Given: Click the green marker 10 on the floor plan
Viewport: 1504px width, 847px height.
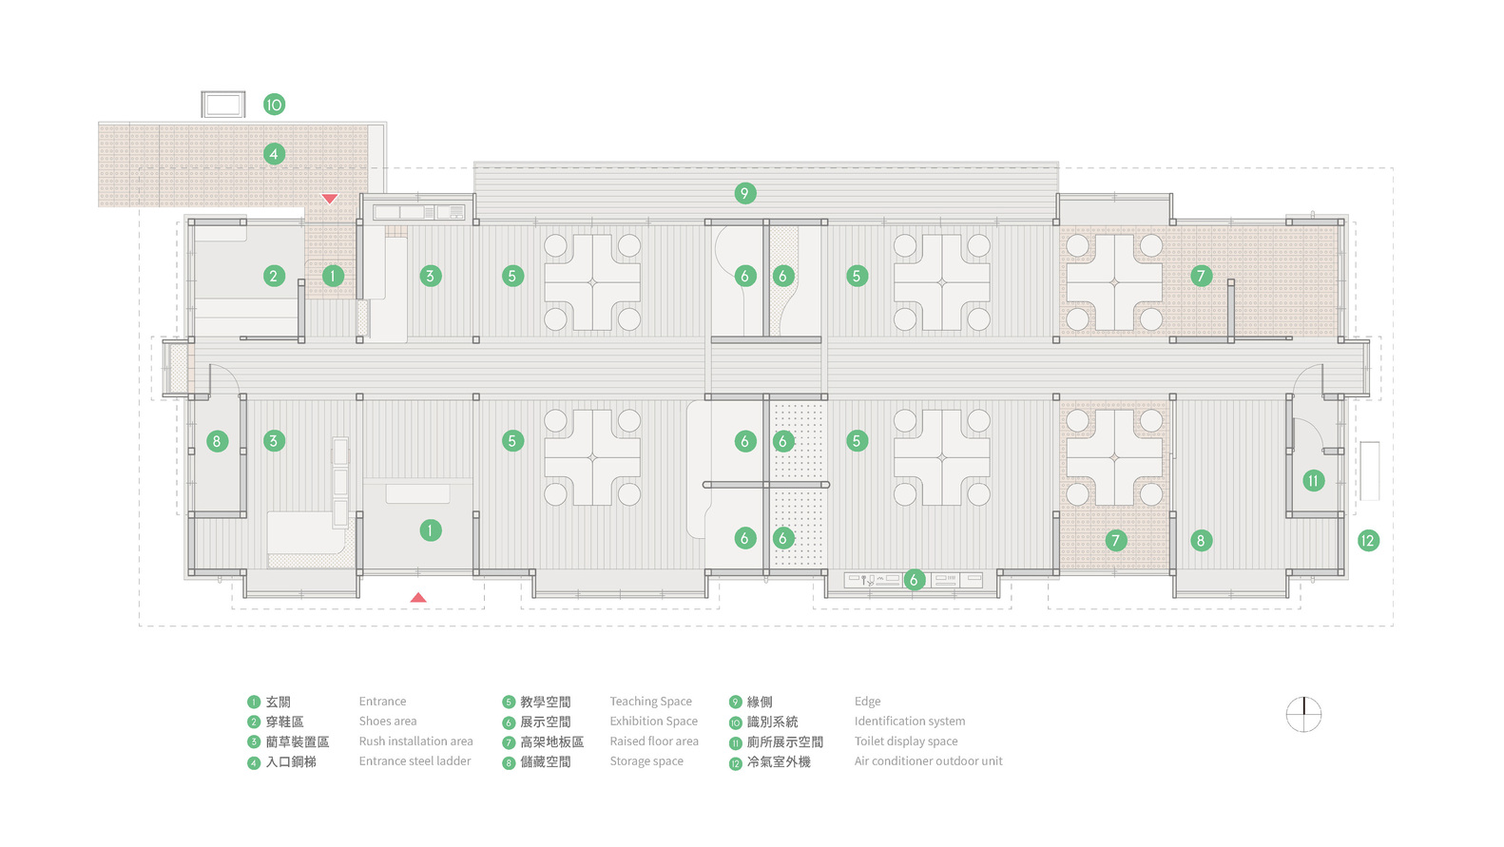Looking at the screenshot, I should [x=274, y=105].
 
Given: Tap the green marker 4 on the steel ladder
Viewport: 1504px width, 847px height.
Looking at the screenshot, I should [x=274, y=153].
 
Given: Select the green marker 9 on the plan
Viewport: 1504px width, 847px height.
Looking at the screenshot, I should [x=744, y=193].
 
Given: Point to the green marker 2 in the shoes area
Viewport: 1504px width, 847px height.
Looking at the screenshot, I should [x=274, y=276].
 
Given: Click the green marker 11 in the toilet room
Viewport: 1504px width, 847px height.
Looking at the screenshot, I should [x=1313, y=480].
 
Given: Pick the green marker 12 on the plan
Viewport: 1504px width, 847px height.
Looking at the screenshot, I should [x=1367, y=541].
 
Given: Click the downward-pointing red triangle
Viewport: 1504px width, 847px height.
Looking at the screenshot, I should [x=329, y=199].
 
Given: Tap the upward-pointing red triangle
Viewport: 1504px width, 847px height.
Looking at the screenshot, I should [x=418, y=597].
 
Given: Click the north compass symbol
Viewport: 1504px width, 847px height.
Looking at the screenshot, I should [x=1303, y=714].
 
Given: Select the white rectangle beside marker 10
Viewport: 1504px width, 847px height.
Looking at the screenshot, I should [x=223, y=105].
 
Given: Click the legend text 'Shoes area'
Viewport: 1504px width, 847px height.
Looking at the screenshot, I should [x=388, y=722].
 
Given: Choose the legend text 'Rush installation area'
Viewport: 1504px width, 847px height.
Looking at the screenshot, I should [x=415, y=741].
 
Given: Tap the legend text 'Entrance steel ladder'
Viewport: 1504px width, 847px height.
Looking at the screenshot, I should [x=415, y=761].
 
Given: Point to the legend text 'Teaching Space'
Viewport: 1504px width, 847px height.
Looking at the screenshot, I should [x=650, y=702].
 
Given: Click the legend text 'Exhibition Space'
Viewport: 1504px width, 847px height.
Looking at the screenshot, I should [x=653, y=722].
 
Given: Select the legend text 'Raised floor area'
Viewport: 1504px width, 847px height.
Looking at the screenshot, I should [x=654, y=741].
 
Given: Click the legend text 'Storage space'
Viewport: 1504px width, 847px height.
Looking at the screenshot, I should [x=646, y=761].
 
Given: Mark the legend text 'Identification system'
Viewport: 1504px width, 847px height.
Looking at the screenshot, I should [x=909, y=722].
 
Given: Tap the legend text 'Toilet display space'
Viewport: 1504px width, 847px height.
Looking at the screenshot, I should [x=905, y=741].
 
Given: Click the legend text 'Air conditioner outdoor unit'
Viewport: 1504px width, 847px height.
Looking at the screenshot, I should [x=928, y=761].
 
